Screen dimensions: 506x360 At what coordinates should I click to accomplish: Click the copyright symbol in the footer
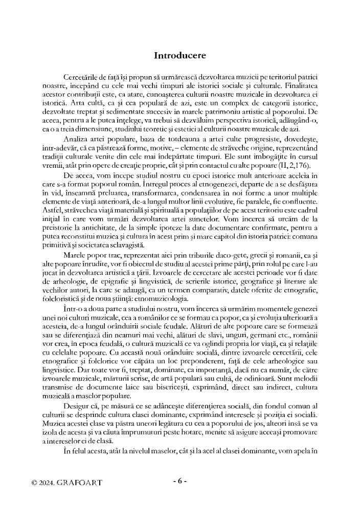[x=34, y=482]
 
